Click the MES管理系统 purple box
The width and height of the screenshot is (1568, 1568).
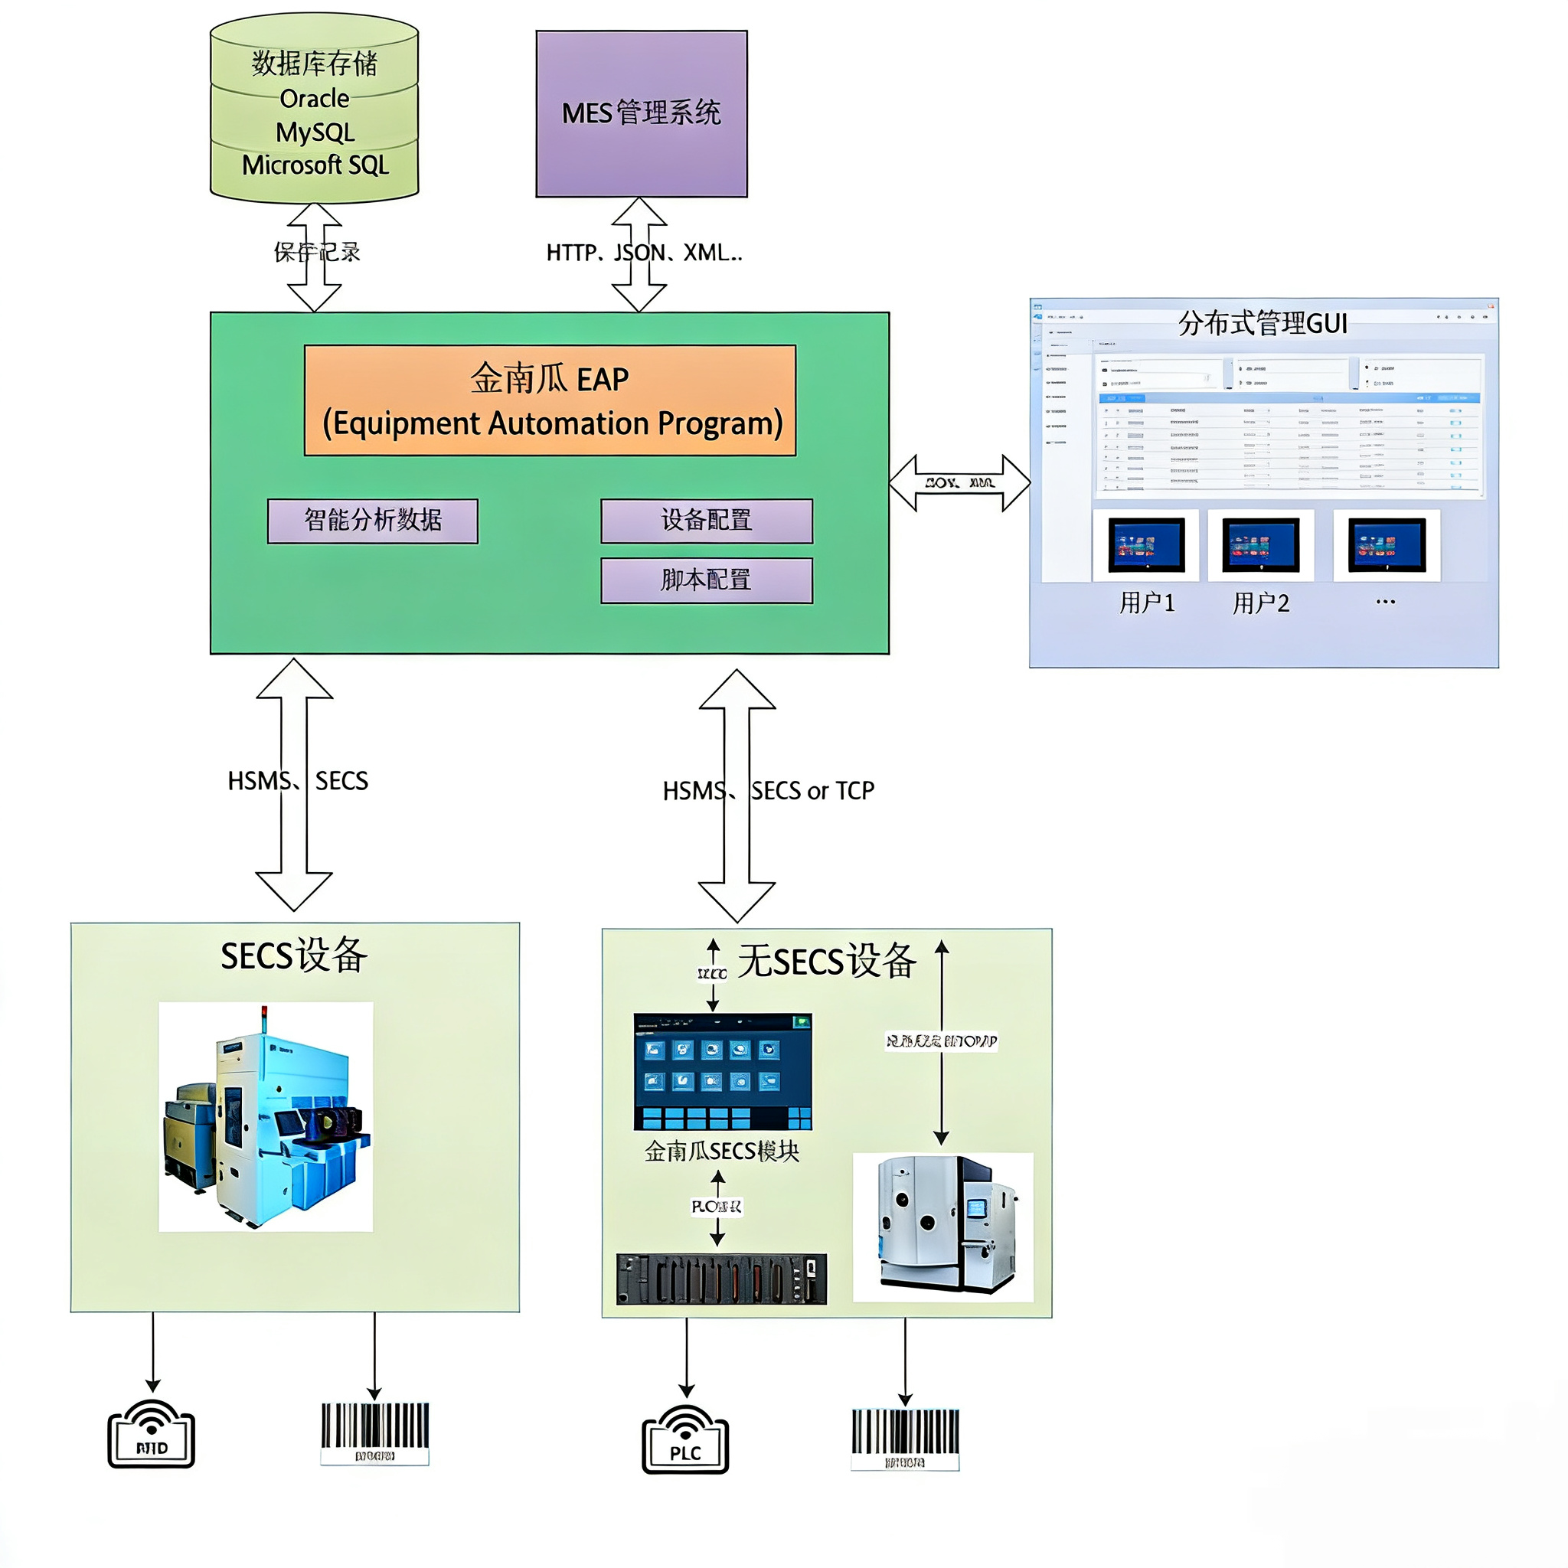click(641, 113)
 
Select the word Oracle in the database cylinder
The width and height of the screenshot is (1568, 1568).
click(314, 99)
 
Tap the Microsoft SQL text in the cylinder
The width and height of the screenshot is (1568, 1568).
click(315, 165)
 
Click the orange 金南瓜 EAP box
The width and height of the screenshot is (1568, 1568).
click(550, 400)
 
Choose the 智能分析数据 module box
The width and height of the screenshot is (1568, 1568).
click(373, 520)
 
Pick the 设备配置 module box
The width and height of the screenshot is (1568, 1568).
click(706, 520)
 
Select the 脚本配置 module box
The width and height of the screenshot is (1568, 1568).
click(706, 580)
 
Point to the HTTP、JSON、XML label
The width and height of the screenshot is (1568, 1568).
click(644, 253)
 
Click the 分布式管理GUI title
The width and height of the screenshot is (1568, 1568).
click(1262, 324)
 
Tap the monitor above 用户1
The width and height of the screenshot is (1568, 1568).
click(1146, 545)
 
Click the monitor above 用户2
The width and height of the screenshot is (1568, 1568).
click(1260, 545)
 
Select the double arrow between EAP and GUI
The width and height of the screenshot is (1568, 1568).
click(959, 483)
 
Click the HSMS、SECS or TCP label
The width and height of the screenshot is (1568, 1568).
click(768, 790)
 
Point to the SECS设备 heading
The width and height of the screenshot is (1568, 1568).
click(294, 955)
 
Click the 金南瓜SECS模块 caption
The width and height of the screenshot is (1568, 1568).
click(721, 1151)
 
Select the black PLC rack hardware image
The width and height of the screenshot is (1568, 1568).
click(720, 1279)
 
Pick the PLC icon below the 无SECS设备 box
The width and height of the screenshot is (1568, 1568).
click(685, 1441)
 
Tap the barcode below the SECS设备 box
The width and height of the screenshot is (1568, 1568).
click(374, 1433)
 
